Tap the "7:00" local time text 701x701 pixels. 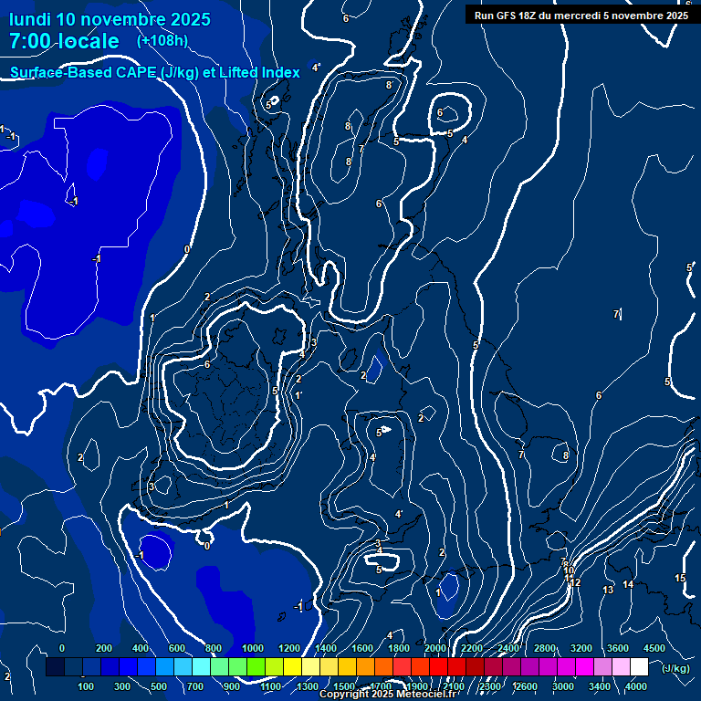pyautogui.click(x=32, y=41)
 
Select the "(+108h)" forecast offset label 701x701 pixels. pyautogui.click(x=162, y=41)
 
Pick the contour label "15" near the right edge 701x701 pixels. pyautogui.click(x=680, y=579)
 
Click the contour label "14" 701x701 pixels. pyautogui.click(x=628, y=584)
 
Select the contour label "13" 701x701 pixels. pyautogui.click(x=608, y=590)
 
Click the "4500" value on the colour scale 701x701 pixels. pyautogui.click(x=654, y=648)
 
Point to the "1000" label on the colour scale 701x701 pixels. pyautogui.click(x=253, y=648)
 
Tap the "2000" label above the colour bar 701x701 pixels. pyautogui.click(x=435, y=648)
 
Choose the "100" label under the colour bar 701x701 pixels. pyautogui.click(x=87, y=686)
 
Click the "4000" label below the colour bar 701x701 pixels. pyautogui.click(x=636, y=686)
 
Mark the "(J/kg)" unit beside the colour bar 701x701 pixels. pyautogui.click(x=675, y=669)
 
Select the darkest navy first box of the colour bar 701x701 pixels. pyautogui.click(x=55, y=667)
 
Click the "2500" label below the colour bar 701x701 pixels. pyautogui.click(x=490, y=686)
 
